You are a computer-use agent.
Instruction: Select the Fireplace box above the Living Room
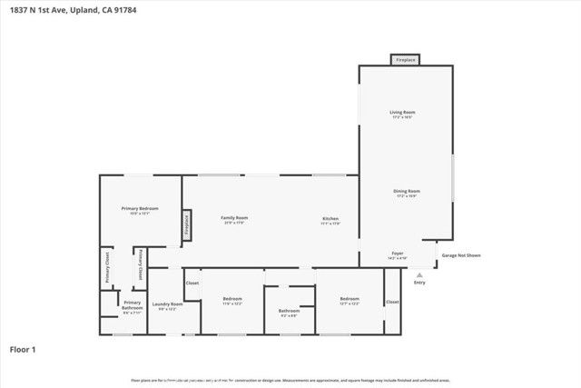coord(405,60)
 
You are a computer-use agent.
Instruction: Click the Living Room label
coord(402,113)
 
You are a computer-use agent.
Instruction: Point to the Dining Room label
coord(406,192)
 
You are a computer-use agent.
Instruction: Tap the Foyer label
coord(397,254)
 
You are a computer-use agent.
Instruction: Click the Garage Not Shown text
coord(461,255)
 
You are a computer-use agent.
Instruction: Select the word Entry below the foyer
coord(419,283)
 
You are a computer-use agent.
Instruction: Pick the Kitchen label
coord(331,218)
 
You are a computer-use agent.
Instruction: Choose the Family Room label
coord(235,218)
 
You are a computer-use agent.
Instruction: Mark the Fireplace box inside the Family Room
coord(187,224)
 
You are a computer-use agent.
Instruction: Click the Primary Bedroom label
coord(141,210)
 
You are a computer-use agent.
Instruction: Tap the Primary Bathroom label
coord(133,304)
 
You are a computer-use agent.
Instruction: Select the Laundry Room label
coord(167,304)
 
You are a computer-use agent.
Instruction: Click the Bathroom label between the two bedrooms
coord(289,311)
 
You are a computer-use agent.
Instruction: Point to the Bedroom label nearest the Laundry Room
coord(232,299)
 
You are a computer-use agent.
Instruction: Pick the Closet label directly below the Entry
coord(392,302)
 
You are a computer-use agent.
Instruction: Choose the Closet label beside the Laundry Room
coord(192,284)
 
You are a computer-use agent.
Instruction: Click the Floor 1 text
coord(23,348)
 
